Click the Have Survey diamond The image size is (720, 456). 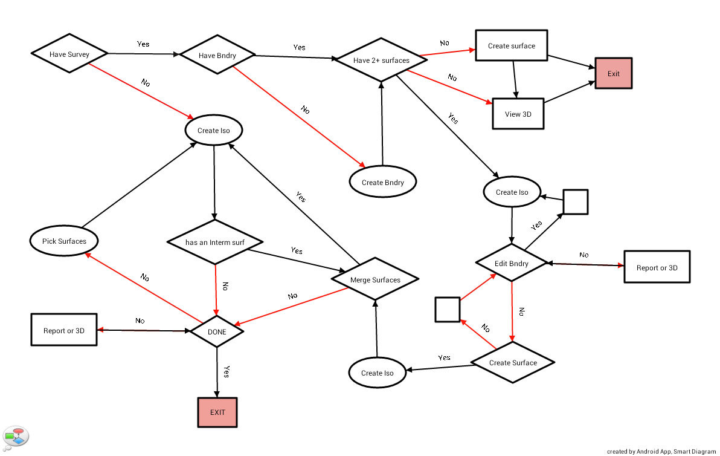coord(69,54)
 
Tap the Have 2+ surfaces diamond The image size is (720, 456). coord(381,60)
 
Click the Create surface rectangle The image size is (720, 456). coord(511,45)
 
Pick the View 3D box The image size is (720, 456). coord(518,114)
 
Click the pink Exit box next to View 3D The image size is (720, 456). coord(613,74)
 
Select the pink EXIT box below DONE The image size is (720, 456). coord(217,412)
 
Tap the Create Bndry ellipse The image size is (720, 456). coord(383,182)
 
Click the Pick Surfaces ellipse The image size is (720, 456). coord(64,241)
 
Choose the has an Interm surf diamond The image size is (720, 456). coord(215,243)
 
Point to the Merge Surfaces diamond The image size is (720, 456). coord(375,279)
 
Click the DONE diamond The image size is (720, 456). coord(217,331)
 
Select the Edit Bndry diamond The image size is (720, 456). coord(512,263)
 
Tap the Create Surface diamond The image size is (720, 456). coord(513,362)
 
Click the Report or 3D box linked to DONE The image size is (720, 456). coord(64,330)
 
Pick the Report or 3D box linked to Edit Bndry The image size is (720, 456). coord(657,267)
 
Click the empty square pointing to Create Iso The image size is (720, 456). coord(575,202)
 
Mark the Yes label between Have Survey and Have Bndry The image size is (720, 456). coord(143,44)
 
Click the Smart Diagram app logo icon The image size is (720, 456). coord(16,435)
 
